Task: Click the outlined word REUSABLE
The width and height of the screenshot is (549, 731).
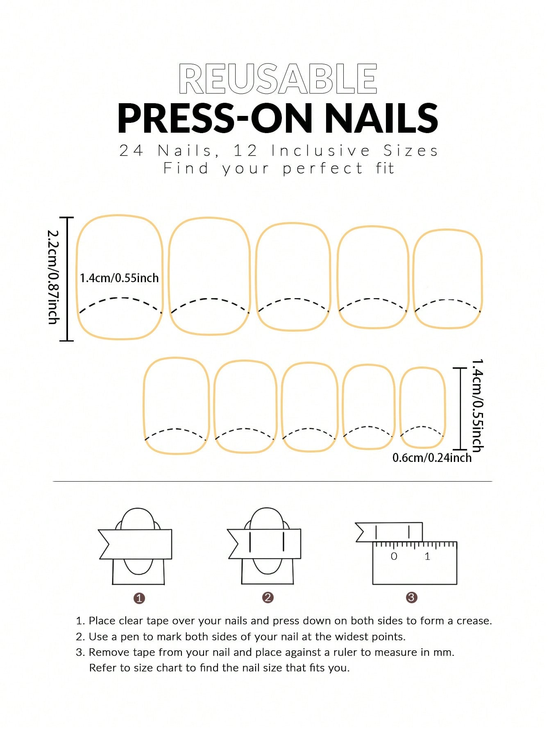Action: click(x=278, y=79)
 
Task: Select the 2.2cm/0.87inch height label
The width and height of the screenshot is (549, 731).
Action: click(x=53, y=277)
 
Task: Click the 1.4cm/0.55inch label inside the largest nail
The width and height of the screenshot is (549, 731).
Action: click(x=119, y=278)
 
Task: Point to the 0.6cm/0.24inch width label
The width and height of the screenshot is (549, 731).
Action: click(x=432, y=457)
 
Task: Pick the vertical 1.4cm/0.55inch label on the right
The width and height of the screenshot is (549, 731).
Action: click(x=478, y=405)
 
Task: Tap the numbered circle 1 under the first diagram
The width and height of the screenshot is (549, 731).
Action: click(x=139, y=598)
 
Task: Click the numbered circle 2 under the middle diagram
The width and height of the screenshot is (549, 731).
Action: click(x=268, y=597)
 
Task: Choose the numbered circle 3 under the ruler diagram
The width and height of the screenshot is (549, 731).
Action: click(x=411, y=597)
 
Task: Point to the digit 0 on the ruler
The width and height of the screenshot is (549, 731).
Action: click(x=394, y=556)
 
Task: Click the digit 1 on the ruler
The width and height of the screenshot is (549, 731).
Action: click(x=427, y=556)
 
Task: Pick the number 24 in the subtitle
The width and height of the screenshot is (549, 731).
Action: click(x=131, y=151)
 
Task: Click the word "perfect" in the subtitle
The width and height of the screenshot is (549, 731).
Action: click(x=322, y=169)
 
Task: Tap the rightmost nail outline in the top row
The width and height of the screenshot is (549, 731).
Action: click(x=413, y=278)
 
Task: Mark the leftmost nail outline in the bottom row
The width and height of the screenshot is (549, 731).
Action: click(x=144, y=405)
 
